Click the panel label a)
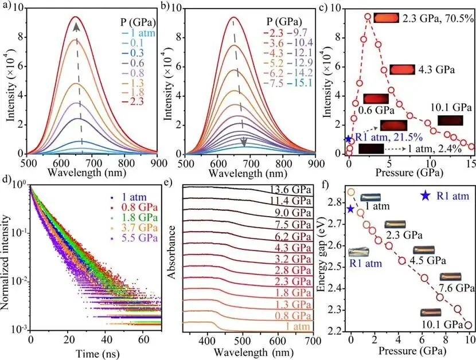[7, 8]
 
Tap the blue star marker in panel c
[349, 139]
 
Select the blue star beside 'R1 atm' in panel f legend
[425, 195]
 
